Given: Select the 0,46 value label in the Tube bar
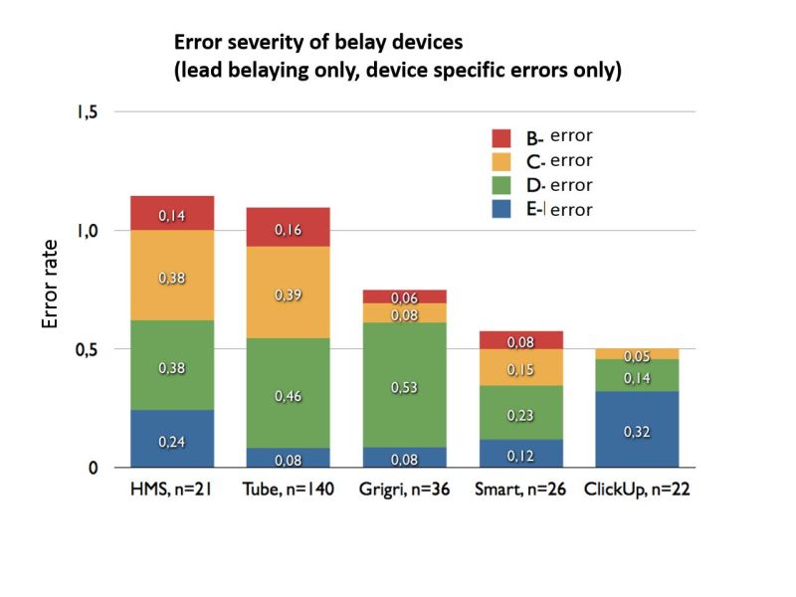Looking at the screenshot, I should (288, 396).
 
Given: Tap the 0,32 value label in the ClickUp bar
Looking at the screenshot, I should (638, 432).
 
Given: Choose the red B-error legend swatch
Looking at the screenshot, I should (501, 137).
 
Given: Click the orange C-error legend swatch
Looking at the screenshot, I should (501, 161).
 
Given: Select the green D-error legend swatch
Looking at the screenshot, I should (501, 186).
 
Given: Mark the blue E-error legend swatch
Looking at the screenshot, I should (501, 210).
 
